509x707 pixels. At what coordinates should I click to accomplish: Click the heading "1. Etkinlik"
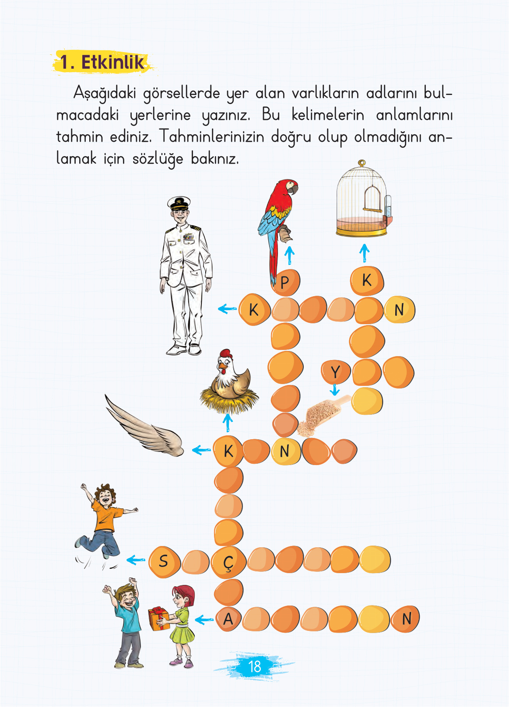[102, 62]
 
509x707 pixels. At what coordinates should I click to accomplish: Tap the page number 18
[254, 666]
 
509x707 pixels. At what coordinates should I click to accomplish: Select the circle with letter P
[285, 282]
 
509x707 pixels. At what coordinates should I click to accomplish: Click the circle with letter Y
[335, 372]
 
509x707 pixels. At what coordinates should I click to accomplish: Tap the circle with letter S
[164, 561]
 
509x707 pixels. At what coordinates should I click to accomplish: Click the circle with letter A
[228, 619]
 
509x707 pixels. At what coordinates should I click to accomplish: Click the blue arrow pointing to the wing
[201, 450]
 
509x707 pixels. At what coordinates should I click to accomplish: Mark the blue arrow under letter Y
[335, 389]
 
